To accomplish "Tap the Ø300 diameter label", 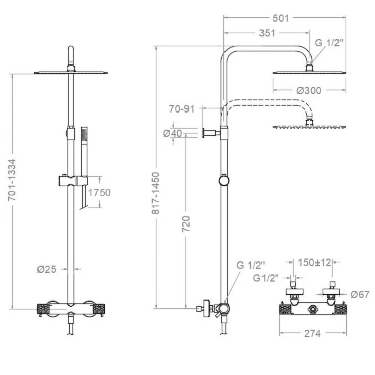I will click(x=309, y=91).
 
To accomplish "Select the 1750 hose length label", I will click(x=99, y=192).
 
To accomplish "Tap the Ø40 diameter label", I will click(x=172, y=133).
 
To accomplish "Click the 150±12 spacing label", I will click(x=314, y=262).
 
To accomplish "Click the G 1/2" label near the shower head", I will click(x=329, y=44).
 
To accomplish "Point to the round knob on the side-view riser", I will click(x=223, y=180).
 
